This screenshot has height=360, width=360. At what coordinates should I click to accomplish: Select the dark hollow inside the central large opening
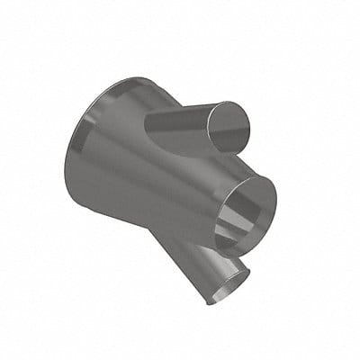[236, 211]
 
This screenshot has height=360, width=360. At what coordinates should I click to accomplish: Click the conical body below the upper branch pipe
[171, 180]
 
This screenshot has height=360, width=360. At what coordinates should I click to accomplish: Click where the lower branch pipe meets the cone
[184, 238]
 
